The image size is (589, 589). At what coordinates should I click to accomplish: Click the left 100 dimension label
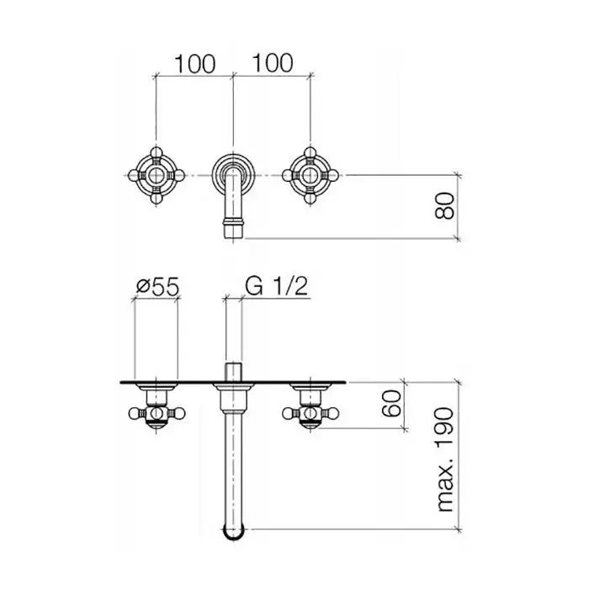195,64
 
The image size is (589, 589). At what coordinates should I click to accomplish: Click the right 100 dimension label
273,63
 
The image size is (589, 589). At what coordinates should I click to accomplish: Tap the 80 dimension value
444,206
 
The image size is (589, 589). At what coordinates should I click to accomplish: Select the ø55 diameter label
158,287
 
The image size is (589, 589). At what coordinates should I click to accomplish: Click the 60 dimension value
391,403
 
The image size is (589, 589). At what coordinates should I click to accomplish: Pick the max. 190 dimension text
445,459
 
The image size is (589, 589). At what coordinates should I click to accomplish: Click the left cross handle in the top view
157,175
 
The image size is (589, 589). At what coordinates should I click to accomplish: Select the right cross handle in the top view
310,175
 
